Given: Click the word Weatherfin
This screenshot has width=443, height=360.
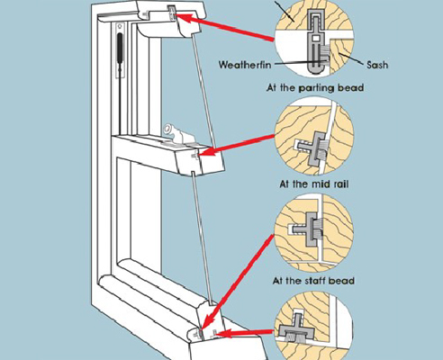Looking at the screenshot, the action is pyautogui.click(x=244, y=65).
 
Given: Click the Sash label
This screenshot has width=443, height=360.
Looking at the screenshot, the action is pyautogui.click(x=376, y=65).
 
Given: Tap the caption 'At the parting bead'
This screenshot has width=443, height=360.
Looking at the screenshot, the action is pyautogui.click(x=315, y=88).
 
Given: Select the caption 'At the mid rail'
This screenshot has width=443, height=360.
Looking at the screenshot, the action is pyautogui.click(x=314, y=184).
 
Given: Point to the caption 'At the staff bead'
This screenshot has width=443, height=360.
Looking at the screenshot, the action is pyautogui.click(x=313, y=281).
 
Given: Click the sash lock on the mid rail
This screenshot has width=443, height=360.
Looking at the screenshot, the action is pyautogui.click(x=177, y=134).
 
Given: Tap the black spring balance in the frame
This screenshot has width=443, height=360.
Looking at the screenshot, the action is pyautogui.click(x=120, y=51).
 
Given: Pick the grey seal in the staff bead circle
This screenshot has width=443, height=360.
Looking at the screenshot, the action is pyautogui.click(x=308, y=229).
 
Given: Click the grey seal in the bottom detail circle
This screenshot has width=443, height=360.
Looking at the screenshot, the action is pyautogui.click(x=296, y=329).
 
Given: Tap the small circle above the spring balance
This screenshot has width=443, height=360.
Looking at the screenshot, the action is pyautogui.click(x=120, y=26).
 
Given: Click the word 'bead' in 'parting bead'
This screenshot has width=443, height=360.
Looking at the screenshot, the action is pyautogui.click(x=351, y=88).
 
